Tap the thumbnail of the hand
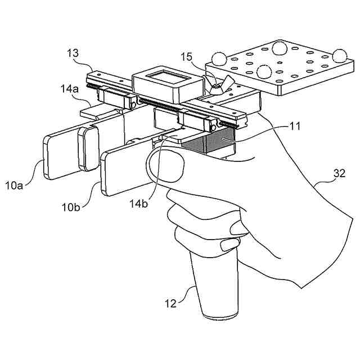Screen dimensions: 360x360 point(165,168)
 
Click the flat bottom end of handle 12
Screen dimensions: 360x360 point(220,316)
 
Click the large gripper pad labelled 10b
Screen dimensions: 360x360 point(126,169)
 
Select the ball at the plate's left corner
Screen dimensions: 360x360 point(219,58)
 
